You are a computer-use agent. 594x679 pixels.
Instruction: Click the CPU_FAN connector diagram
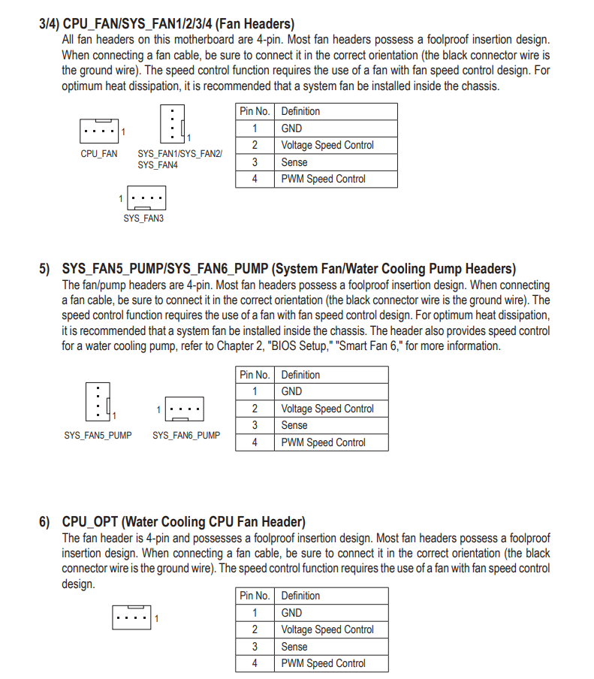coord(99,131)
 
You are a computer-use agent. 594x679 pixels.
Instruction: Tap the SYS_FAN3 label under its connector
coord(143,219)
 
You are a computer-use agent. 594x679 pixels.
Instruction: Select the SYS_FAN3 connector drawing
coord(146,198)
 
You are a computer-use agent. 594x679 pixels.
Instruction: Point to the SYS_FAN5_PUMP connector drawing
coord(98,401)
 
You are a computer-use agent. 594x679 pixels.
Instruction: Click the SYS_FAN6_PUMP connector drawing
coord(184,409)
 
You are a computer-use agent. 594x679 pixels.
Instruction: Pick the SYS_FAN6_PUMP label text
coord(186,435)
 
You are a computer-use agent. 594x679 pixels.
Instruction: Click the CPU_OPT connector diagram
coord(131,617)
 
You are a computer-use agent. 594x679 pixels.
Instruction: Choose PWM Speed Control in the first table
coord(323,179)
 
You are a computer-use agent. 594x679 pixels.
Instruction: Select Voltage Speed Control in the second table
coord(327,409)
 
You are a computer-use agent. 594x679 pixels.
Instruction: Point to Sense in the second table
coord(294,425)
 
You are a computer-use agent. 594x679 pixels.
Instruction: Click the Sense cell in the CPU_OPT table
coord(294,646)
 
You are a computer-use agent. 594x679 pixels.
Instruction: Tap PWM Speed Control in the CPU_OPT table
coord(323,663)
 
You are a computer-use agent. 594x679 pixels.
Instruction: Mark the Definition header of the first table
coord(300,111)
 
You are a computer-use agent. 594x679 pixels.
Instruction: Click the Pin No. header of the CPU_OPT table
coord(255,596)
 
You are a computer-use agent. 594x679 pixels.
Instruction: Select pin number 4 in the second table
coord(255,442)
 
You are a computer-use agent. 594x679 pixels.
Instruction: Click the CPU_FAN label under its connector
coord(99,154)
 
